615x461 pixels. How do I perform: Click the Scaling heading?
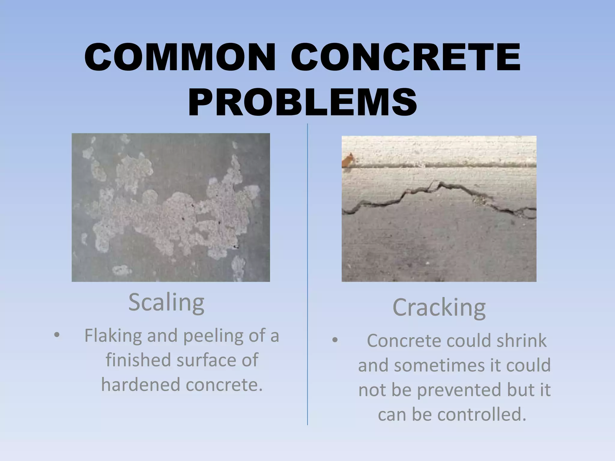166,303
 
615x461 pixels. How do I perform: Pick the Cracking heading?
439,308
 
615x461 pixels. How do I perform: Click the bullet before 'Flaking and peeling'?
56,336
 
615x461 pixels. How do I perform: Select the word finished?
138,360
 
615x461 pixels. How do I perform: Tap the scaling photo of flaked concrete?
171,207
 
